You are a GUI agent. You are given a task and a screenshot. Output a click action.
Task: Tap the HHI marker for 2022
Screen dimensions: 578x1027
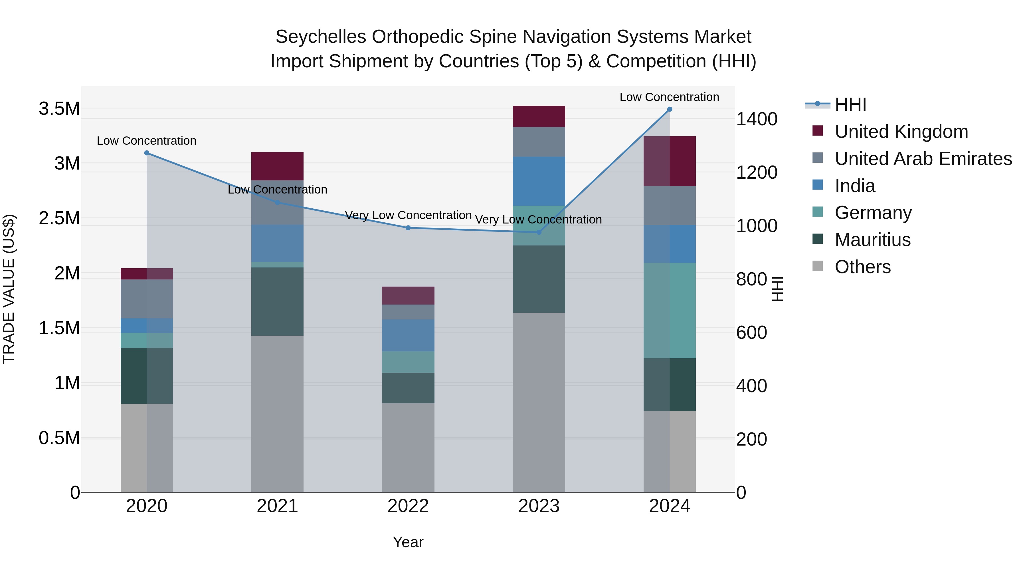[x=408, y=228]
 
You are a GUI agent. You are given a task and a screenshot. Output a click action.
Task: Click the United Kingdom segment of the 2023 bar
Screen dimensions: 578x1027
[x=539, y=116]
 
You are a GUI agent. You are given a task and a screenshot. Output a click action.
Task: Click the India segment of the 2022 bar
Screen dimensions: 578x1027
[x=408, y=335]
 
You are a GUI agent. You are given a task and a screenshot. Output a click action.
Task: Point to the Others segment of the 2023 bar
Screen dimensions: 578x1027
[x=539, y=402]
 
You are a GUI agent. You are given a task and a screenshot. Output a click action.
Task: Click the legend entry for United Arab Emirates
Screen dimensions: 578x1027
[x=923, y=159]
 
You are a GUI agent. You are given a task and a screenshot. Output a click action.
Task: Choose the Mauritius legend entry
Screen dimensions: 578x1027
[x=872, y=240]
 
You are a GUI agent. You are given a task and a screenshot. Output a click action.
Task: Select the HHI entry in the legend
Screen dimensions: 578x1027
[x=850, y=104]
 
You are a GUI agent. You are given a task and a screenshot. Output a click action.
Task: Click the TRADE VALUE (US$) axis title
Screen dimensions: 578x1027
[x=9, y=289]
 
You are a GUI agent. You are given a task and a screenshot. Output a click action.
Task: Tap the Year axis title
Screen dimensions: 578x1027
[x=408, y=542]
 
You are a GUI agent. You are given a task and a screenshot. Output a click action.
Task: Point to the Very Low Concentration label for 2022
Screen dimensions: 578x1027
[x=408, y=216]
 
